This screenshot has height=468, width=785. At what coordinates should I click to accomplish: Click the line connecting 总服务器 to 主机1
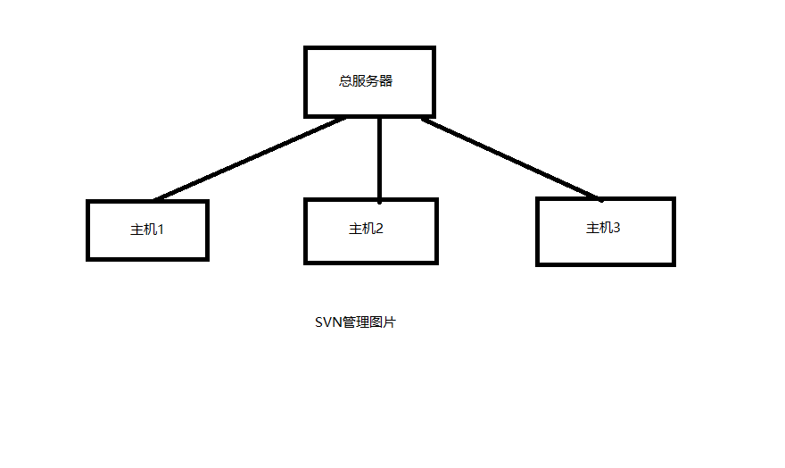250,159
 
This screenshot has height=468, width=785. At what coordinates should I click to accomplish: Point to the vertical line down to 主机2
379,160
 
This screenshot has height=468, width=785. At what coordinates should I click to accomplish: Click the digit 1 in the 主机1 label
161,230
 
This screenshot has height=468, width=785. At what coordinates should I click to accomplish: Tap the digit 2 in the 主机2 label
379,229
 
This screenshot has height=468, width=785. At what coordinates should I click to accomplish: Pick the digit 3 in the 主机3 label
616,228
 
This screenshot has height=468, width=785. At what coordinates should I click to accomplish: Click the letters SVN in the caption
328,322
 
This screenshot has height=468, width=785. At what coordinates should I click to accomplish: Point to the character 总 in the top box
345,80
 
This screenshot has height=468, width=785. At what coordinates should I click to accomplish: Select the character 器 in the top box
386,80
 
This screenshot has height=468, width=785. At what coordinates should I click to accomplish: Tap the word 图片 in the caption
383,322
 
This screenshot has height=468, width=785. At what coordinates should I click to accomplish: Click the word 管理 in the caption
355,322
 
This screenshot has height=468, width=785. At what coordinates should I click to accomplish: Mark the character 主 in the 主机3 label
592,228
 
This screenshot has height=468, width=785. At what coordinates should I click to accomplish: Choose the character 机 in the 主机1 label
151,230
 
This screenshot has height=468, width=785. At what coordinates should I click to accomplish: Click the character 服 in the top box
359,80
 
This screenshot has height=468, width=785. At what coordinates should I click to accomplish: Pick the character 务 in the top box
373,80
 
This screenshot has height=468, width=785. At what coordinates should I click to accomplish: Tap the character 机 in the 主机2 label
368,229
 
